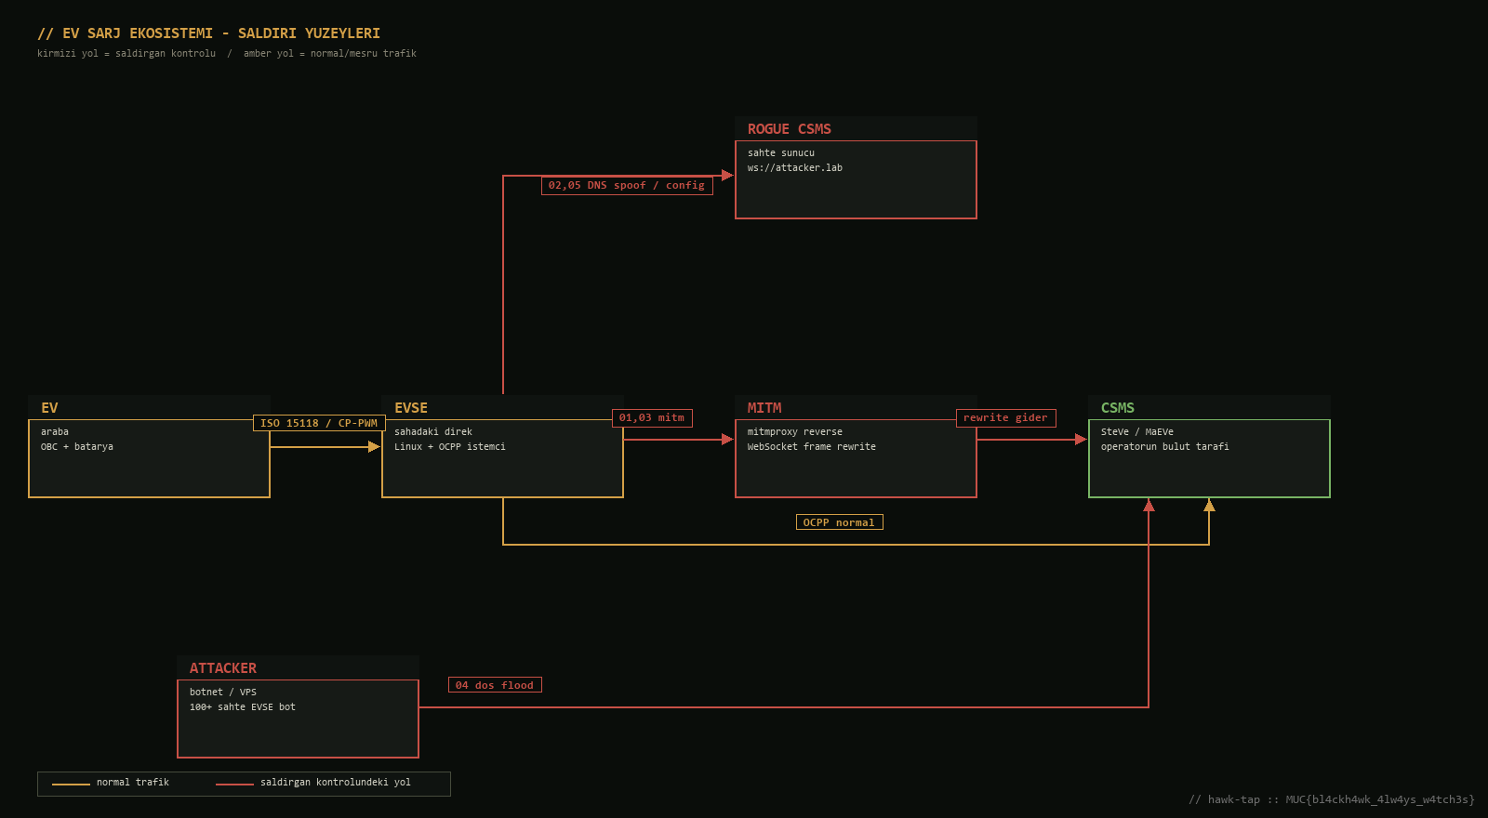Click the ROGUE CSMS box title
790,129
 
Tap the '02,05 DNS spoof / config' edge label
627,185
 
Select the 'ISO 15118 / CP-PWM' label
319,423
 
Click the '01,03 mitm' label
652,417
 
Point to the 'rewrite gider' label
1005,417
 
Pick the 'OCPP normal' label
839,522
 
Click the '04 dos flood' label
495,685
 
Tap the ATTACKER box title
222,668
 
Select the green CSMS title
1117,408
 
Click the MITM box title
764,408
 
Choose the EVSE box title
410,408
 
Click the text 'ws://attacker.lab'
794,168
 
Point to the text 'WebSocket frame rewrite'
811,447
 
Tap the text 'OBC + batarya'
77,447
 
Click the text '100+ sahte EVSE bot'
243,707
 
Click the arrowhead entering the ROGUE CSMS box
727,176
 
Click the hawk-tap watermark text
1331,799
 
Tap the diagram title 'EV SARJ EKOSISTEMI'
138,33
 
